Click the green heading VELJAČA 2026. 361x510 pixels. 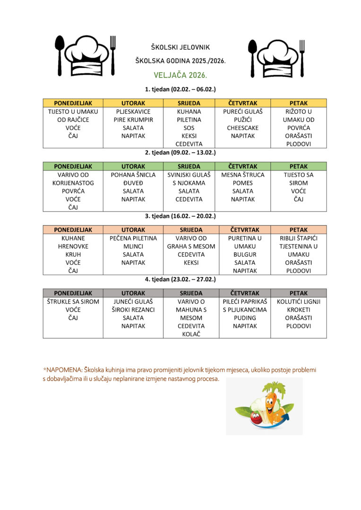click(180, 75)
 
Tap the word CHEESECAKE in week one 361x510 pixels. click(242, 128)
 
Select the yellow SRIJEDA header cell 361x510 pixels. click(189, 103)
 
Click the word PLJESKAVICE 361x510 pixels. click(133, 112)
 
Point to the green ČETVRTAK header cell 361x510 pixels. click(242, 166)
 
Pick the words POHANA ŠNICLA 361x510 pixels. click(133, 175)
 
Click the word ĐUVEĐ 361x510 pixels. click(133, 183)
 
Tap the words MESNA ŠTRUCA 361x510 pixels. click(242, 175)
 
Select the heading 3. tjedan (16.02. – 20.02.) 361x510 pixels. click(180, 216)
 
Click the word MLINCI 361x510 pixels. click(133, 246)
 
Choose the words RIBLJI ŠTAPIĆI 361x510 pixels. click(298, 238)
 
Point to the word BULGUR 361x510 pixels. click(245, 255)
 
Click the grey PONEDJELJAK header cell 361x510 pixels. click(73, 293)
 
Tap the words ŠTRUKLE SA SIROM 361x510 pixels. click(73, 302)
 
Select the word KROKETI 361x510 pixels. click(298, 310)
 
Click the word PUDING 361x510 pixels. click(245, 318)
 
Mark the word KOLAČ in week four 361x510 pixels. click(191, 334)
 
